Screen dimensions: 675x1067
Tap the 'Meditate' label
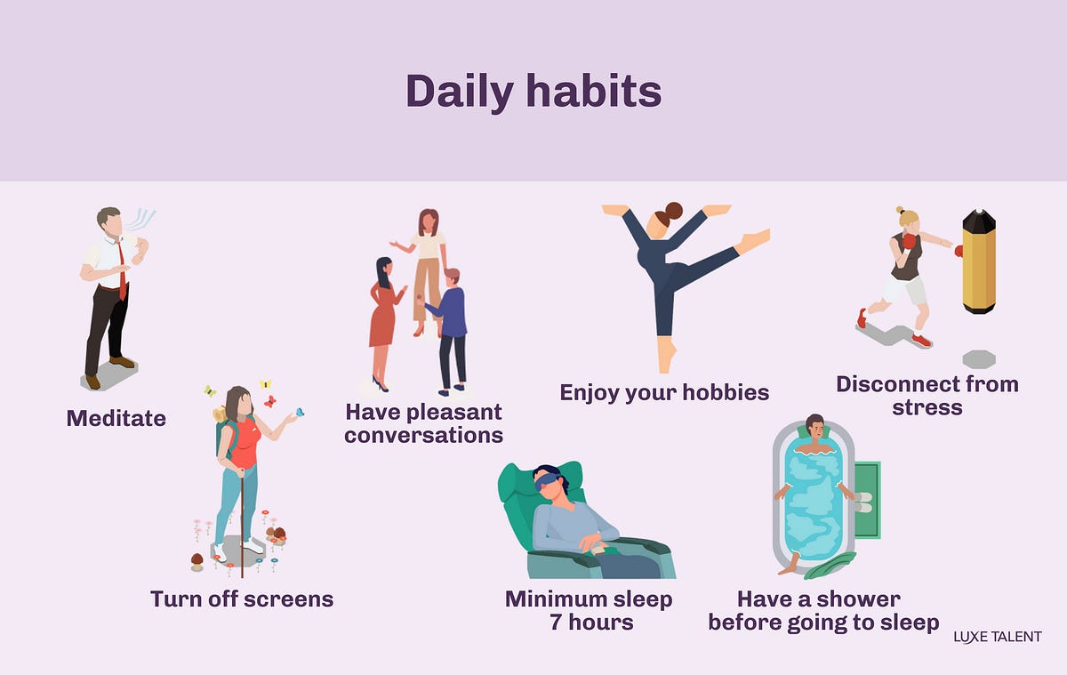click(x=116, y=417)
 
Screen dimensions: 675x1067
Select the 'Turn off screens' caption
click(x=242, y=599)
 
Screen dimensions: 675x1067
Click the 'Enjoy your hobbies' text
click(x=664, y=392)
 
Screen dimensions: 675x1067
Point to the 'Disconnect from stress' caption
click(x=927, y=396)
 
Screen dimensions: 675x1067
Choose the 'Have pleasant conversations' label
click(x=423, y=423)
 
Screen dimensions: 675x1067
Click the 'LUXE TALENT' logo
click(x=997, y=637)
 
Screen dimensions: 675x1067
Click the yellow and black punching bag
click(x=978, y=261)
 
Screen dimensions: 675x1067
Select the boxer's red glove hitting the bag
click(x=959, y=252)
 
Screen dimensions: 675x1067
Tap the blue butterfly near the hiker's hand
click(x=299, y=412)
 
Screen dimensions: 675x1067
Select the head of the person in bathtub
click(x=814, y=424)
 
